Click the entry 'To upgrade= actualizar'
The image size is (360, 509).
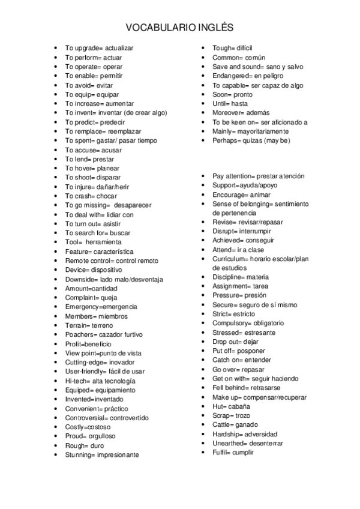click(x=99, y=48)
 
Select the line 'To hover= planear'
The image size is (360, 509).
click(x=92, y=169)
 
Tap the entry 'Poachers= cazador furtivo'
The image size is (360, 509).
click(x=104, y=335)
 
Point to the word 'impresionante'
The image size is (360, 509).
click(x=118, y=455)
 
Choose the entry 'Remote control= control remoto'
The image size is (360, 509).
click(x=112, y=261)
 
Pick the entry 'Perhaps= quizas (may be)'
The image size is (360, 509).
click(x=251, y=140)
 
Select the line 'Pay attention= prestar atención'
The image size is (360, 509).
click(x=258, y=176)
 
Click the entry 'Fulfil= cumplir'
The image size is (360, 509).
click(x=233, y=453)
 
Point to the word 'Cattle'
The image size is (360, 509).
click(x=222, y=425)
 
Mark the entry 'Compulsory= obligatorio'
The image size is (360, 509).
click(x=248, y=324)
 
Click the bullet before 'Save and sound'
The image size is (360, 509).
click(x=206, y=67)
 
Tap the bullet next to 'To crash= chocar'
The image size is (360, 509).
click(x=56, y=196)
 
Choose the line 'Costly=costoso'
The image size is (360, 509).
click(x=88, y=427)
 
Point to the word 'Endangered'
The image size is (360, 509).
click(x=230, y=76)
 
